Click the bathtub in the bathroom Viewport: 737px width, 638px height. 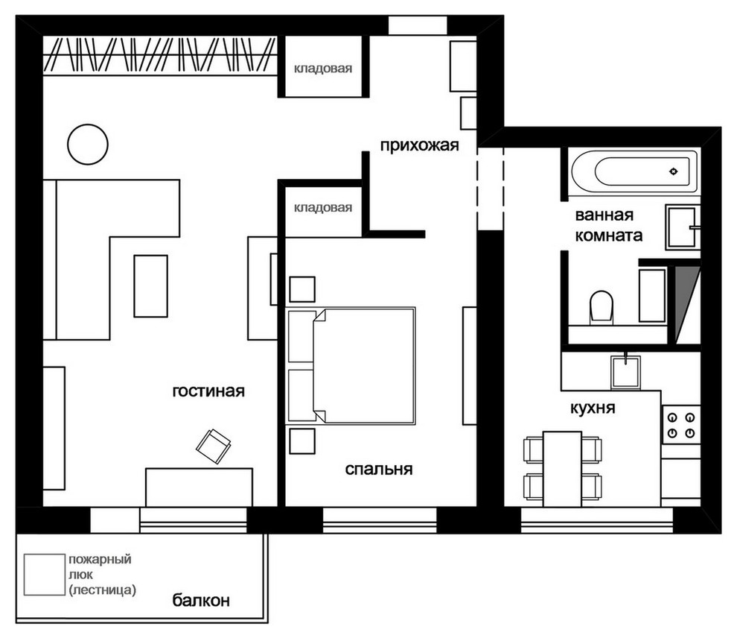634,171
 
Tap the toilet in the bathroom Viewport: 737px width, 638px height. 602,307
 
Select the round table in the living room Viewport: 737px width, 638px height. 88,145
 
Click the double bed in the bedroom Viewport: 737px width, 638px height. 364,365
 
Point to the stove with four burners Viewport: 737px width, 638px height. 681,424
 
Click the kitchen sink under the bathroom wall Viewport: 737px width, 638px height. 625,372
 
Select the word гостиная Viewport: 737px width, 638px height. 208,391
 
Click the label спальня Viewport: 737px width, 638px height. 379,469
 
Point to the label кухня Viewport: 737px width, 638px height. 593,408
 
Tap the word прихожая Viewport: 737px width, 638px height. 419,145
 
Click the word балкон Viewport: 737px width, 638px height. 201,600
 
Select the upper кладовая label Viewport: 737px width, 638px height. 323,69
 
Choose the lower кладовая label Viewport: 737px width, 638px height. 323,207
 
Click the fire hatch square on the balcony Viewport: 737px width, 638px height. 45,575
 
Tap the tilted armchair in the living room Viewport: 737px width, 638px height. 214,446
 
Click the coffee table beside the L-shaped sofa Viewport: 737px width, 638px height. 151,286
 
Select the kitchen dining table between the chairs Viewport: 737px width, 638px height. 562,469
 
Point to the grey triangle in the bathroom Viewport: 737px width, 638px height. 685,301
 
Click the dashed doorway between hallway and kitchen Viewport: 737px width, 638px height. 491,189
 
